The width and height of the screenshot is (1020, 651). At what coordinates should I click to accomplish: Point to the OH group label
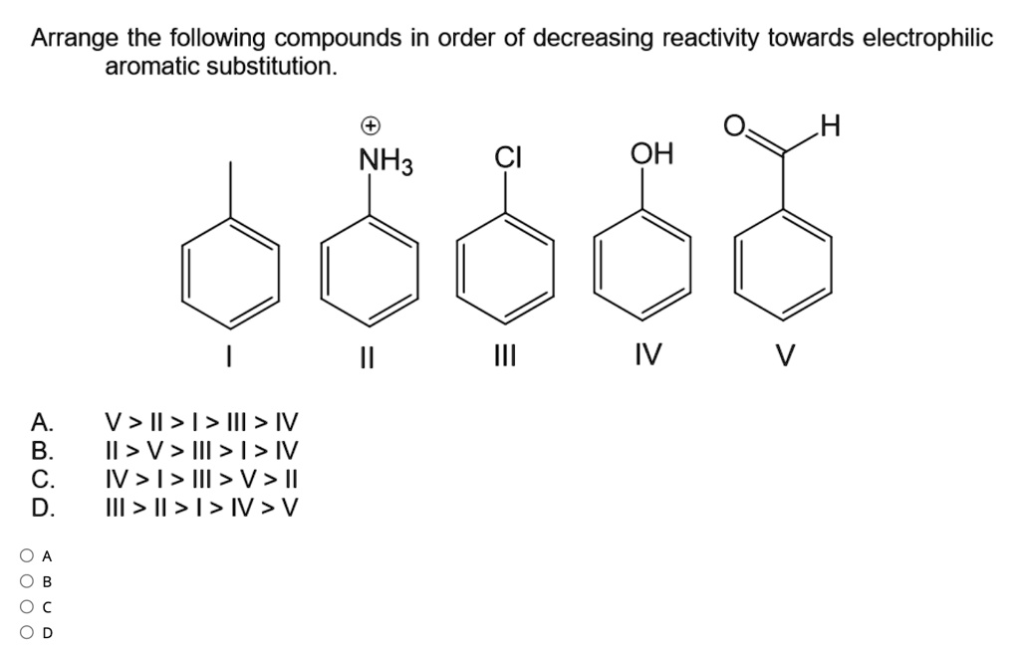pyautogui.click(x=651, y=154)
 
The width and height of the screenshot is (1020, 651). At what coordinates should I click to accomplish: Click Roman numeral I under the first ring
pyautogui.click(x=230, y=355)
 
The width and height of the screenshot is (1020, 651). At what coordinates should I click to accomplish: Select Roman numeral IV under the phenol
pyautogui.click(x=648, y=355)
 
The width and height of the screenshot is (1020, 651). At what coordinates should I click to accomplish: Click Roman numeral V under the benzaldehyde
pyautogui.click(x=784, y=355)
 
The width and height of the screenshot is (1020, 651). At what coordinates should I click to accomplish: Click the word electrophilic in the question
pyautogui.click(x=926, y=39)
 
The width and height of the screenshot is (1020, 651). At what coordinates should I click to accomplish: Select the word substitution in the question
pyautogui.click(x=269, y=67)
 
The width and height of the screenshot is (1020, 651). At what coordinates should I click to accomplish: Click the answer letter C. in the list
pyautogui.click(x=43, y=479)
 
